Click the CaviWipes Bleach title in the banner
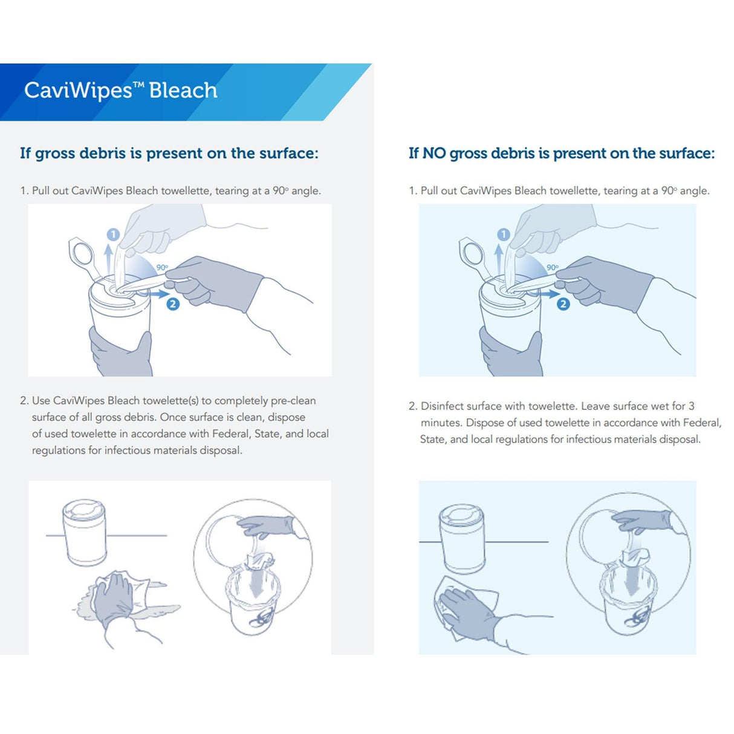coord(121,91)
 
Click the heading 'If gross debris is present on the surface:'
coord(169,154)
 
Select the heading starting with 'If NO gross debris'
coord(561,154)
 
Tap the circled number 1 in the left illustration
coord(113,235)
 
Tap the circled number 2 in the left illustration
coord(173,304)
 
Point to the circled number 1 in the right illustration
coord(503,235)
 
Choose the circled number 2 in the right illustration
coord(563,304)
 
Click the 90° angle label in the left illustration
coord(162,267)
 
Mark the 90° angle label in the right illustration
coord(553,267)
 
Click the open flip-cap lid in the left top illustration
coord(82,254)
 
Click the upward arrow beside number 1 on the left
coord(108,257)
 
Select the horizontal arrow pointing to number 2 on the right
coord(548,294)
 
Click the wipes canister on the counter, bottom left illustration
coord(85,532)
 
